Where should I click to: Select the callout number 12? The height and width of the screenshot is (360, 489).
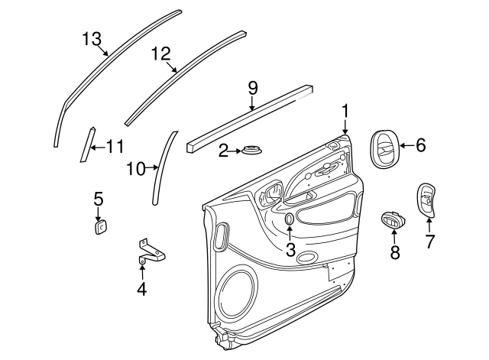click(160, 54)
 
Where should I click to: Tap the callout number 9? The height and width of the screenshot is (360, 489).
click(252, 89)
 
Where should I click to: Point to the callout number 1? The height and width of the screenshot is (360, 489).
click(345, 112)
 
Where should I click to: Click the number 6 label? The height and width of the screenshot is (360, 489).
click(420, 145)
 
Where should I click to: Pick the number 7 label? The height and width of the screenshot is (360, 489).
click(429, 242)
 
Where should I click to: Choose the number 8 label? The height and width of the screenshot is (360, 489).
click(395, 253)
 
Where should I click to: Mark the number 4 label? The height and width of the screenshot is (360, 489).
click(141, 288)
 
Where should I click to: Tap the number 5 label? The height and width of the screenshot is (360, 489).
click(99, 199)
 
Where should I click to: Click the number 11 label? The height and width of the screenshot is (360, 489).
click(114, 146)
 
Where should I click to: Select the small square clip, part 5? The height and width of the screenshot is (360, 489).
click(100, 226)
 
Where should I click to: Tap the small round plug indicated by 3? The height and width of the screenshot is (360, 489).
click(290, 219)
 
